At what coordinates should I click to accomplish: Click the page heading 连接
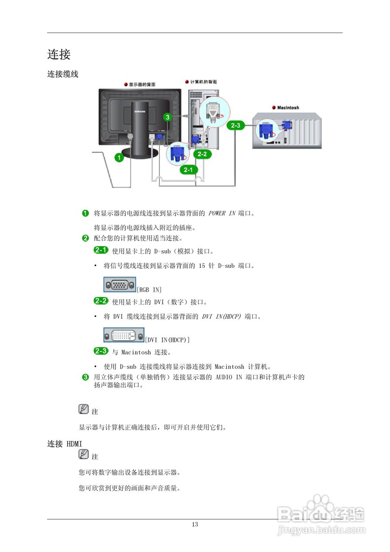pyautogui.click(x=59, y=54)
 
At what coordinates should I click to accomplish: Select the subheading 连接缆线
pyautogui.click(x=63, y=74)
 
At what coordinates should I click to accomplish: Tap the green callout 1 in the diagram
pyautogui.click(x=119, y=157)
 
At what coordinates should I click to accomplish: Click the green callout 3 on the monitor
pyautogui.click(x=168, y=117)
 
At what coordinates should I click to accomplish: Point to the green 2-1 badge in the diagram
pyautogui.click(x=189, y=169)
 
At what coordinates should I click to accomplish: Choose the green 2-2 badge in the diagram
pyautogui.click(x=202, y=154)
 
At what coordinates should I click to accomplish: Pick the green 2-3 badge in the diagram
pyautogui.click(x=236, y=125)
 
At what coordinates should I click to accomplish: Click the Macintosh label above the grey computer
pyautogui.click(x=288, y=108)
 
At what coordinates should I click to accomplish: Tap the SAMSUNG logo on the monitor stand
pyautogui.click(x=140, y=111)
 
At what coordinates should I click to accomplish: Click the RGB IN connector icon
pyautogui.click(x=120, y=285)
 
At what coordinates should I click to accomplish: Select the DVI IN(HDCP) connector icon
pyautogui.click(x=124, y=335)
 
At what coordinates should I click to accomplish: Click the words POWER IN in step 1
pyautogui.click(x=222, y=213)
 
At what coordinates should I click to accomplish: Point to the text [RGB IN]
pyautogui.click(x=149, y=289)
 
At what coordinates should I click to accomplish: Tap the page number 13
pyautogui.click(x=195, y=524)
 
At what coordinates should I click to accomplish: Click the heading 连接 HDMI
pyautogui.click(x=65, y=444)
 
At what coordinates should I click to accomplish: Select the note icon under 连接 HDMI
pyautogui.click(x=84, y=454)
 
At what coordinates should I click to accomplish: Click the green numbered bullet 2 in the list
pyautogui.click(x=85, y=238)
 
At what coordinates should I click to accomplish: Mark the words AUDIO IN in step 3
pyautogui.click(x=229, y=377)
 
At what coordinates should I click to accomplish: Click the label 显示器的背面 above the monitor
pyautogui.click(x=142, y=85)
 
